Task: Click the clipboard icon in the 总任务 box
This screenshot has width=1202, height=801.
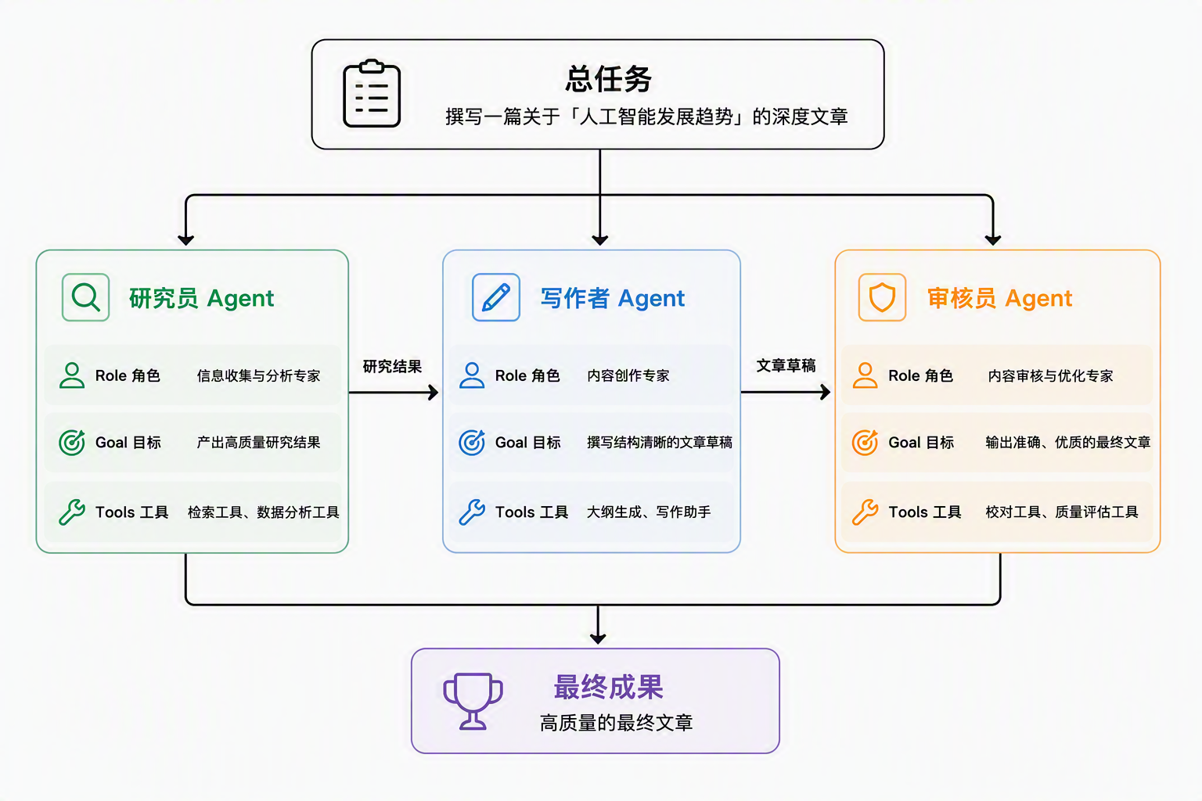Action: [x=372, y=93]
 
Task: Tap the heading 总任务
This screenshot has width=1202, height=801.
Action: [x=609, y=79]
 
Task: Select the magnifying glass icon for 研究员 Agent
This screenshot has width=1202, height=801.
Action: [x=86, y=297]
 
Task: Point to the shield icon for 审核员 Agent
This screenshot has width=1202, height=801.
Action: [x=882, y=297]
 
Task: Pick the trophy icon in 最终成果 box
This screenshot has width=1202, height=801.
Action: [x=473, y=701]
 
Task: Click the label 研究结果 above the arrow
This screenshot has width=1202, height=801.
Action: [x=392, y=366]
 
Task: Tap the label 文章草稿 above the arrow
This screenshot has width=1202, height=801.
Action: [x=786, y=366]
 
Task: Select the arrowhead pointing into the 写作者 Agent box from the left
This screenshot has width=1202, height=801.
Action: [x=433, y=393]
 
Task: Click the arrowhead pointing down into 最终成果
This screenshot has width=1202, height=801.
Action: [x=598, y=638]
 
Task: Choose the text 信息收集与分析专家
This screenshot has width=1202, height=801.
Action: [x=259, y=375]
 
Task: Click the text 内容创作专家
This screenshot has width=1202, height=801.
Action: [x=628, y=375]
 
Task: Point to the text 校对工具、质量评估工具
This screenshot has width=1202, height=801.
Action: [x=1062, y=512]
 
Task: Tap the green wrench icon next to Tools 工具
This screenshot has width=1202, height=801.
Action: [x=72, y=512]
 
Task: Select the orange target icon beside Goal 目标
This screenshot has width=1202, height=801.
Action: [x=865, y=443]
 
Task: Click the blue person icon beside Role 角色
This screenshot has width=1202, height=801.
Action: [x=472, y=375]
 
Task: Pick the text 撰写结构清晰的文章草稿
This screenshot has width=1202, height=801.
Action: [x=660, y=442]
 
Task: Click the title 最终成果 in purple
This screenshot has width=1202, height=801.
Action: [x=609, y=688]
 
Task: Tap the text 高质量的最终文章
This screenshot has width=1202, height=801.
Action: [x=617, y=723]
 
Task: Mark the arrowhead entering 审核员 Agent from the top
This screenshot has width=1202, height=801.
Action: [x=993, y=239]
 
